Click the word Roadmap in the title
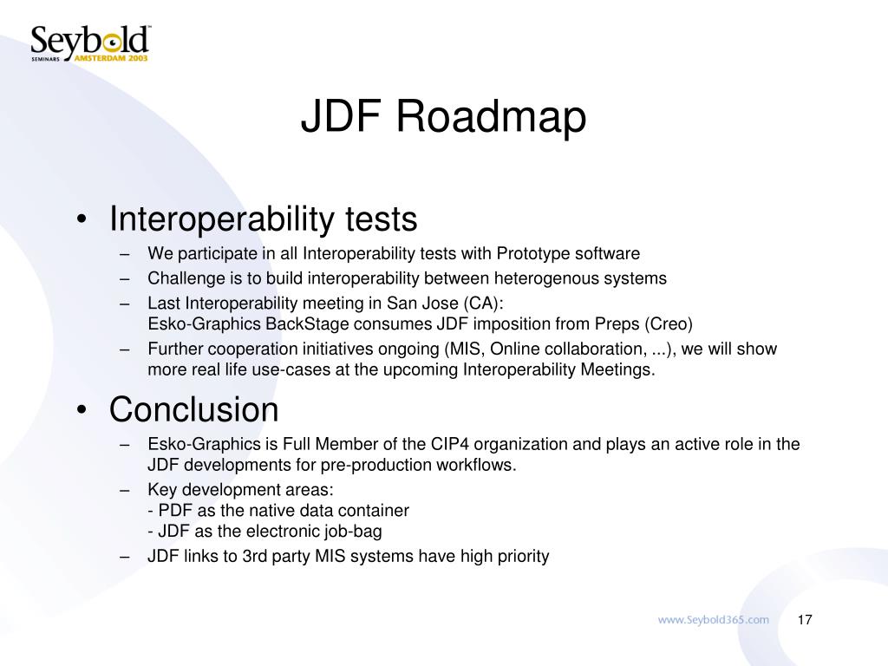492,118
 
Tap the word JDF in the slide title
341,118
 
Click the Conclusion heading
193,408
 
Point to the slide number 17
804,619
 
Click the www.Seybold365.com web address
713,619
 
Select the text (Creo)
668,324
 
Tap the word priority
521,556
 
